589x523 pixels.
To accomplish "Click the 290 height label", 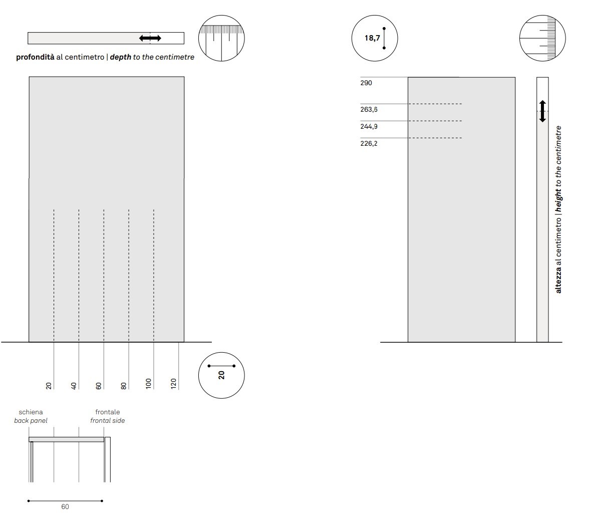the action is tap(366, 83).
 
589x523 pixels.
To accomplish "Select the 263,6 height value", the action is tap(369, 110).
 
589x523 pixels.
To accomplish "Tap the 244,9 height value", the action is tap(369, 127).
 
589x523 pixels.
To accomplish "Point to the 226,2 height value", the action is tap(369, 143).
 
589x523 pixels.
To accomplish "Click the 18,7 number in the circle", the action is tap(372, 38).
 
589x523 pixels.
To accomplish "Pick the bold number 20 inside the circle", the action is tap(221, 375).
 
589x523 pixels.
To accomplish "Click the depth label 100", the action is tap(148, 384).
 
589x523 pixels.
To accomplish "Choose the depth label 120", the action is tap(173, 384).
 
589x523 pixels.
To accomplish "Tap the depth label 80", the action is tap(124, 386).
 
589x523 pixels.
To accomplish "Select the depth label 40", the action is tap(74, 386).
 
